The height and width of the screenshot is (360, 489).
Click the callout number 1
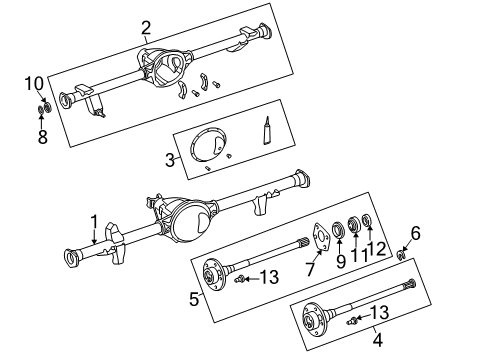93,222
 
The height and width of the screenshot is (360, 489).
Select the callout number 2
146,27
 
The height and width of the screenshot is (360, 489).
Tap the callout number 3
171,160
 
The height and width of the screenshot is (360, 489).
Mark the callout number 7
310,271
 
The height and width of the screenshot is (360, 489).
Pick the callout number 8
42,137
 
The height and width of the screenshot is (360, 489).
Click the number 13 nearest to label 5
269,276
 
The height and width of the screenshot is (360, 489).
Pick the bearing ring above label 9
338,231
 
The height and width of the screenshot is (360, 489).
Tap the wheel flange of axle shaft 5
212,272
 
